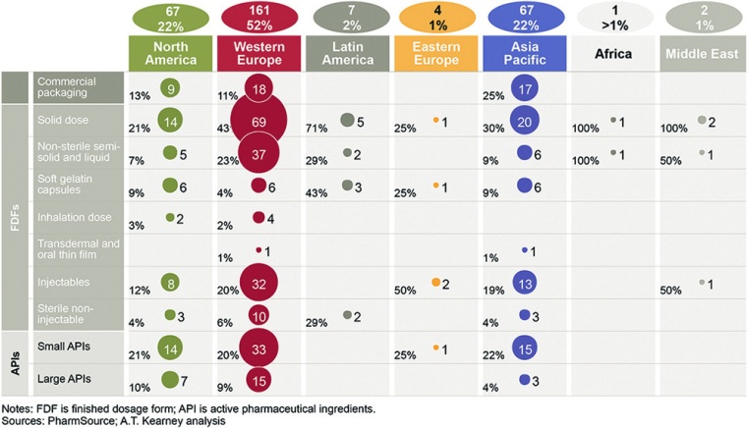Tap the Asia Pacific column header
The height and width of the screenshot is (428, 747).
tap(526, 52)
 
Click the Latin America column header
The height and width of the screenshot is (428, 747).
tap(347, 52)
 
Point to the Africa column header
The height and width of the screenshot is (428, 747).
tap(614, 52)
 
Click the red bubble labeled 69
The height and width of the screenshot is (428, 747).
tap(259, 121)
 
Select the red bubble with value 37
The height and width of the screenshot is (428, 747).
tap(259, 153)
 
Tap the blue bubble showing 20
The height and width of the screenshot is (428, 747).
tap(525, 121)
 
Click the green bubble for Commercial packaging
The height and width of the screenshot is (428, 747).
tap(171, 88)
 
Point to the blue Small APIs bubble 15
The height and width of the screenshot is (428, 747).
tap(525, 348)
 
